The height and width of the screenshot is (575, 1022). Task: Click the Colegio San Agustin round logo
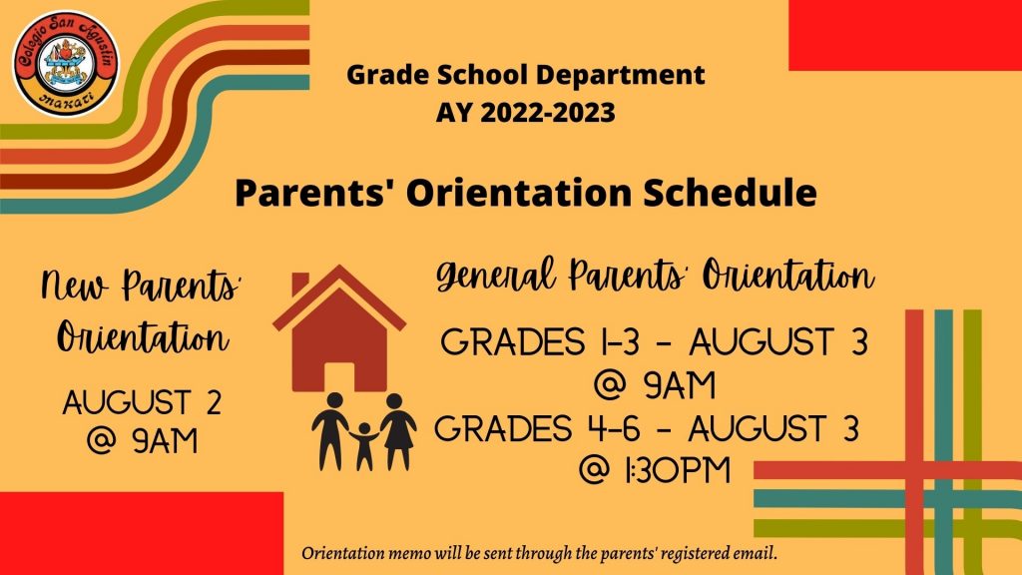pos(66,63)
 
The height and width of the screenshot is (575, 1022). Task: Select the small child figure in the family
pos(364,446)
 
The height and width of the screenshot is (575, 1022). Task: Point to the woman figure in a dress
pos(397,431)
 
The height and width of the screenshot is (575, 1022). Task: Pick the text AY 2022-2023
pos(525,112)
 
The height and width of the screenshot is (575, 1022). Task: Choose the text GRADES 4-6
pos(536,429)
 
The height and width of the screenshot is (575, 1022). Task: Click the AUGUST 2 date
pos(142,402)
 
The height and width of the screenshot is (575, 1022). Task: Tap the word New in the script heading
pos(74,285)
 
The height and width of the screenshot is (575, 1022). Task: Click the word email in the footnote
pos(757,554)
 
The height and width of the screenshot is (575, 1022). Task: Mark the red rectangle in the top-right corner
pos(905,35)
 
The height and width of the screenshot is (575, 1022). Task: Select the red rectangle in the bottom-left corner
pos(142,533)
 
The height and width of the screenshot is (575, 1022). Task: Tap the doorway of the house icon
pos(339,377)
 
